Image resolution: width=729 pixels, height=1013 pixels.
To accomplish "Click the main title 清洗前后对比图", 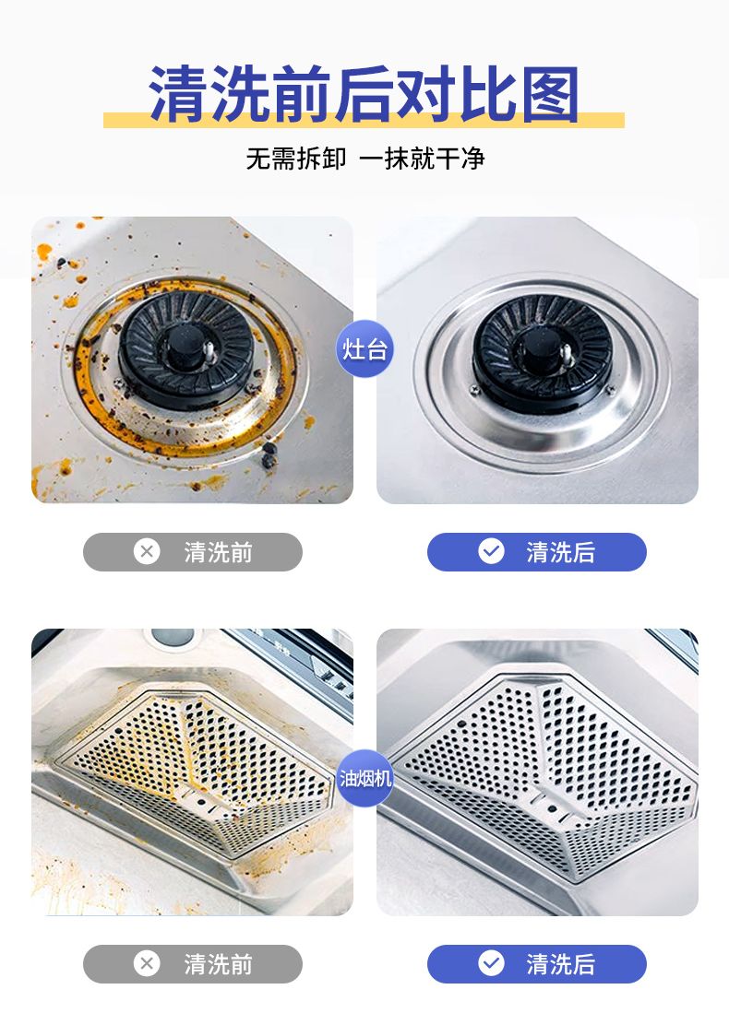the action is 364,94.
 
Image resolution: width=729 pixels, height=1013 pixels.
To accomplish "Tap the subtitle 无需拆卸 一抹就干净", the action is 364,159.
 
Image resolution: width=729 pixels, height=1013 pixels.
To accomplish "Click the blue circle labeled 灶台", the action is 364,348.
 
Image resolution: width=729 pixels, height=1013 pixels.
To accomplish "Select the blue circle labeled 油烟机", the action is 364,778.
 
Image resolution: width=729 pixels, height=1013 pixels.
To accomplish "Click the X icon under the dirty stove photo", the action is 147,552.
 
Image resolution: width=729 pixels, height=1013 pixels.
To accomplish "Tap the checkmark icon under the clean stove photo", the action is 492,552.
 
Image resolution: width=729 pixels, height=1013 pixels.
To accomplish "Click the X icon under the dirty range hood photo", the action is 147,964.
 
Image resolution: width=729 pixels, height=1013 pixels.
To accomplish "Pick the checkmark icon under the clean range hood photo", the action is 492,964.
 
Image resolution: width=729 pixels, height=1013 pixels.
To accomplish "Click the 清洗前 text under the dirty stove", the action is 218,552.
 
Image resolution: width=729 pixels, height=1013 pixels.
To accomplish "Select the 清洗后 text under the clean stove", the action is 561,552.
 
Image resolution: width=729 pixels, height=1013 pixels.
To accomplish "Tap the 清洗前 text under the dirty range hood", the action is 218,964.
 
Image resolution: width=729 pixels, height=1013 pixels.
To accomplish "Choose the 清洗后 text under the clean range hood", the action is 561,964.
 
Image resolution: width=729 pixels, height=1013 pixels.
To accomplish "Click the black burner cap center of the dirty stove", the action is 183,346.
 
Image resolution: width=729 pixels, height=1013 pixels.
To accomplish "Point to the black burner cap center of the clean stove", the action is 541,348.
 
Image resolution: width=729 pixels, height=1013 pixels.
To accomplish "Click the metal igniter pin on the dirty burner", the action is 209,352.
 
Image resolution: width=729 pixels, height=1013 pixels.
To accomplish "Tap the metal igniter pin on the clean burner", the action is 567,355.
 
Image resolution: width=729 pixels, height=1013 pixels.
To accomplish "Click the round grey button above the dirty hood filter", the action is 173,637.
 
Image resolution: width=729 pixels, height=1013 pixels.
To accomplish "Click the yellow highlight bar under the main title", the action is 364,120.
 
